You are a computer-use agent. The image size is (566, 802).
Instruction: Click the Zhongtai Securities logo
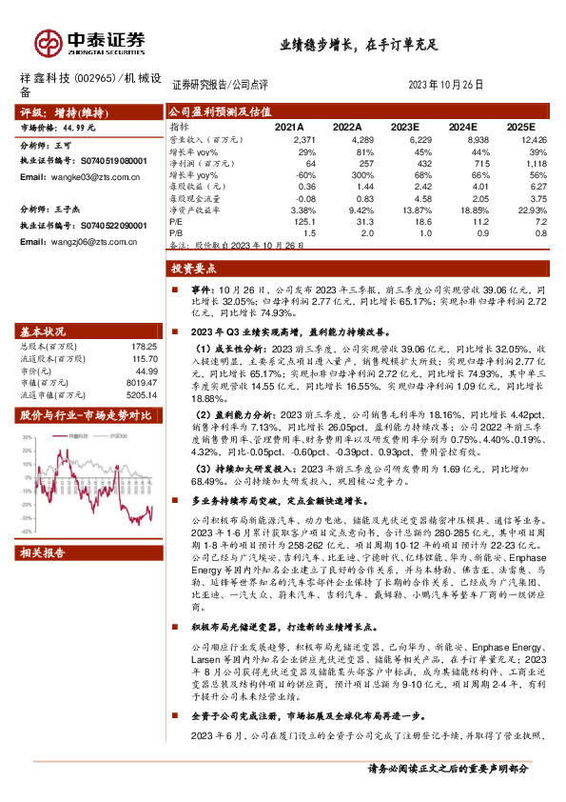[x=91, y=42]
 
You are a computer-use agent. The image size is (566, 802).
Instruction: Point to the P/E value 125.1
[x=305, y=221]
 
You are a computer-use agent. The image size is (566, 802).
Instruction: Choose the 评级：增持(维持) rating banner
[x=66, y=111]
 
